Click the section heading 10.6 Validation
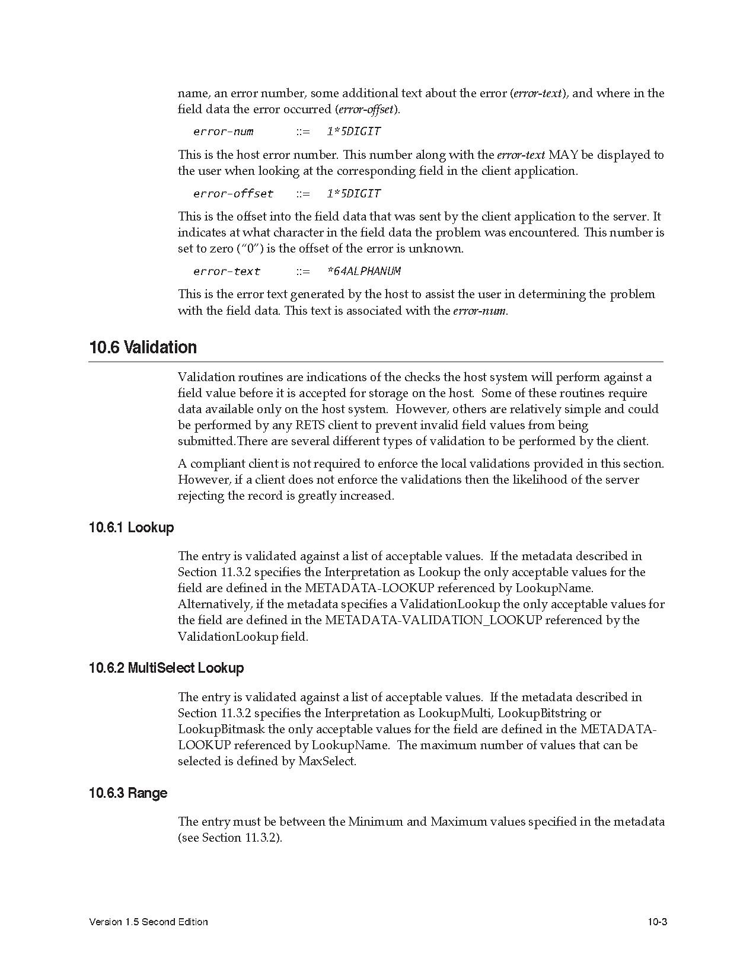point(143,347)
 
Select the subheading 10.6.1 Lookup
point(131,528)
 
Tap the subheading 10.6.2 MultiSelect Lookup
point(166,668)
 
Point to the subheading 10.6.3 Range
point(128,793)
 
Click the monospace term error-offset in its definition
point(233,194)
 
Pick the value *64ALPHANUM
point(363,271)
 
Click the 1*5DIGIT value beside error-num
point(353,132)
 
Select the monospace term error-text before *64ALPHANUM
point(227,271)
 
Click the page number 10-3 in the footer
point(657,922)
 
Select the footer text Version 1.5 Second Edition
point(148,922)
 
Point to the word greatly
point(317,496)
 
